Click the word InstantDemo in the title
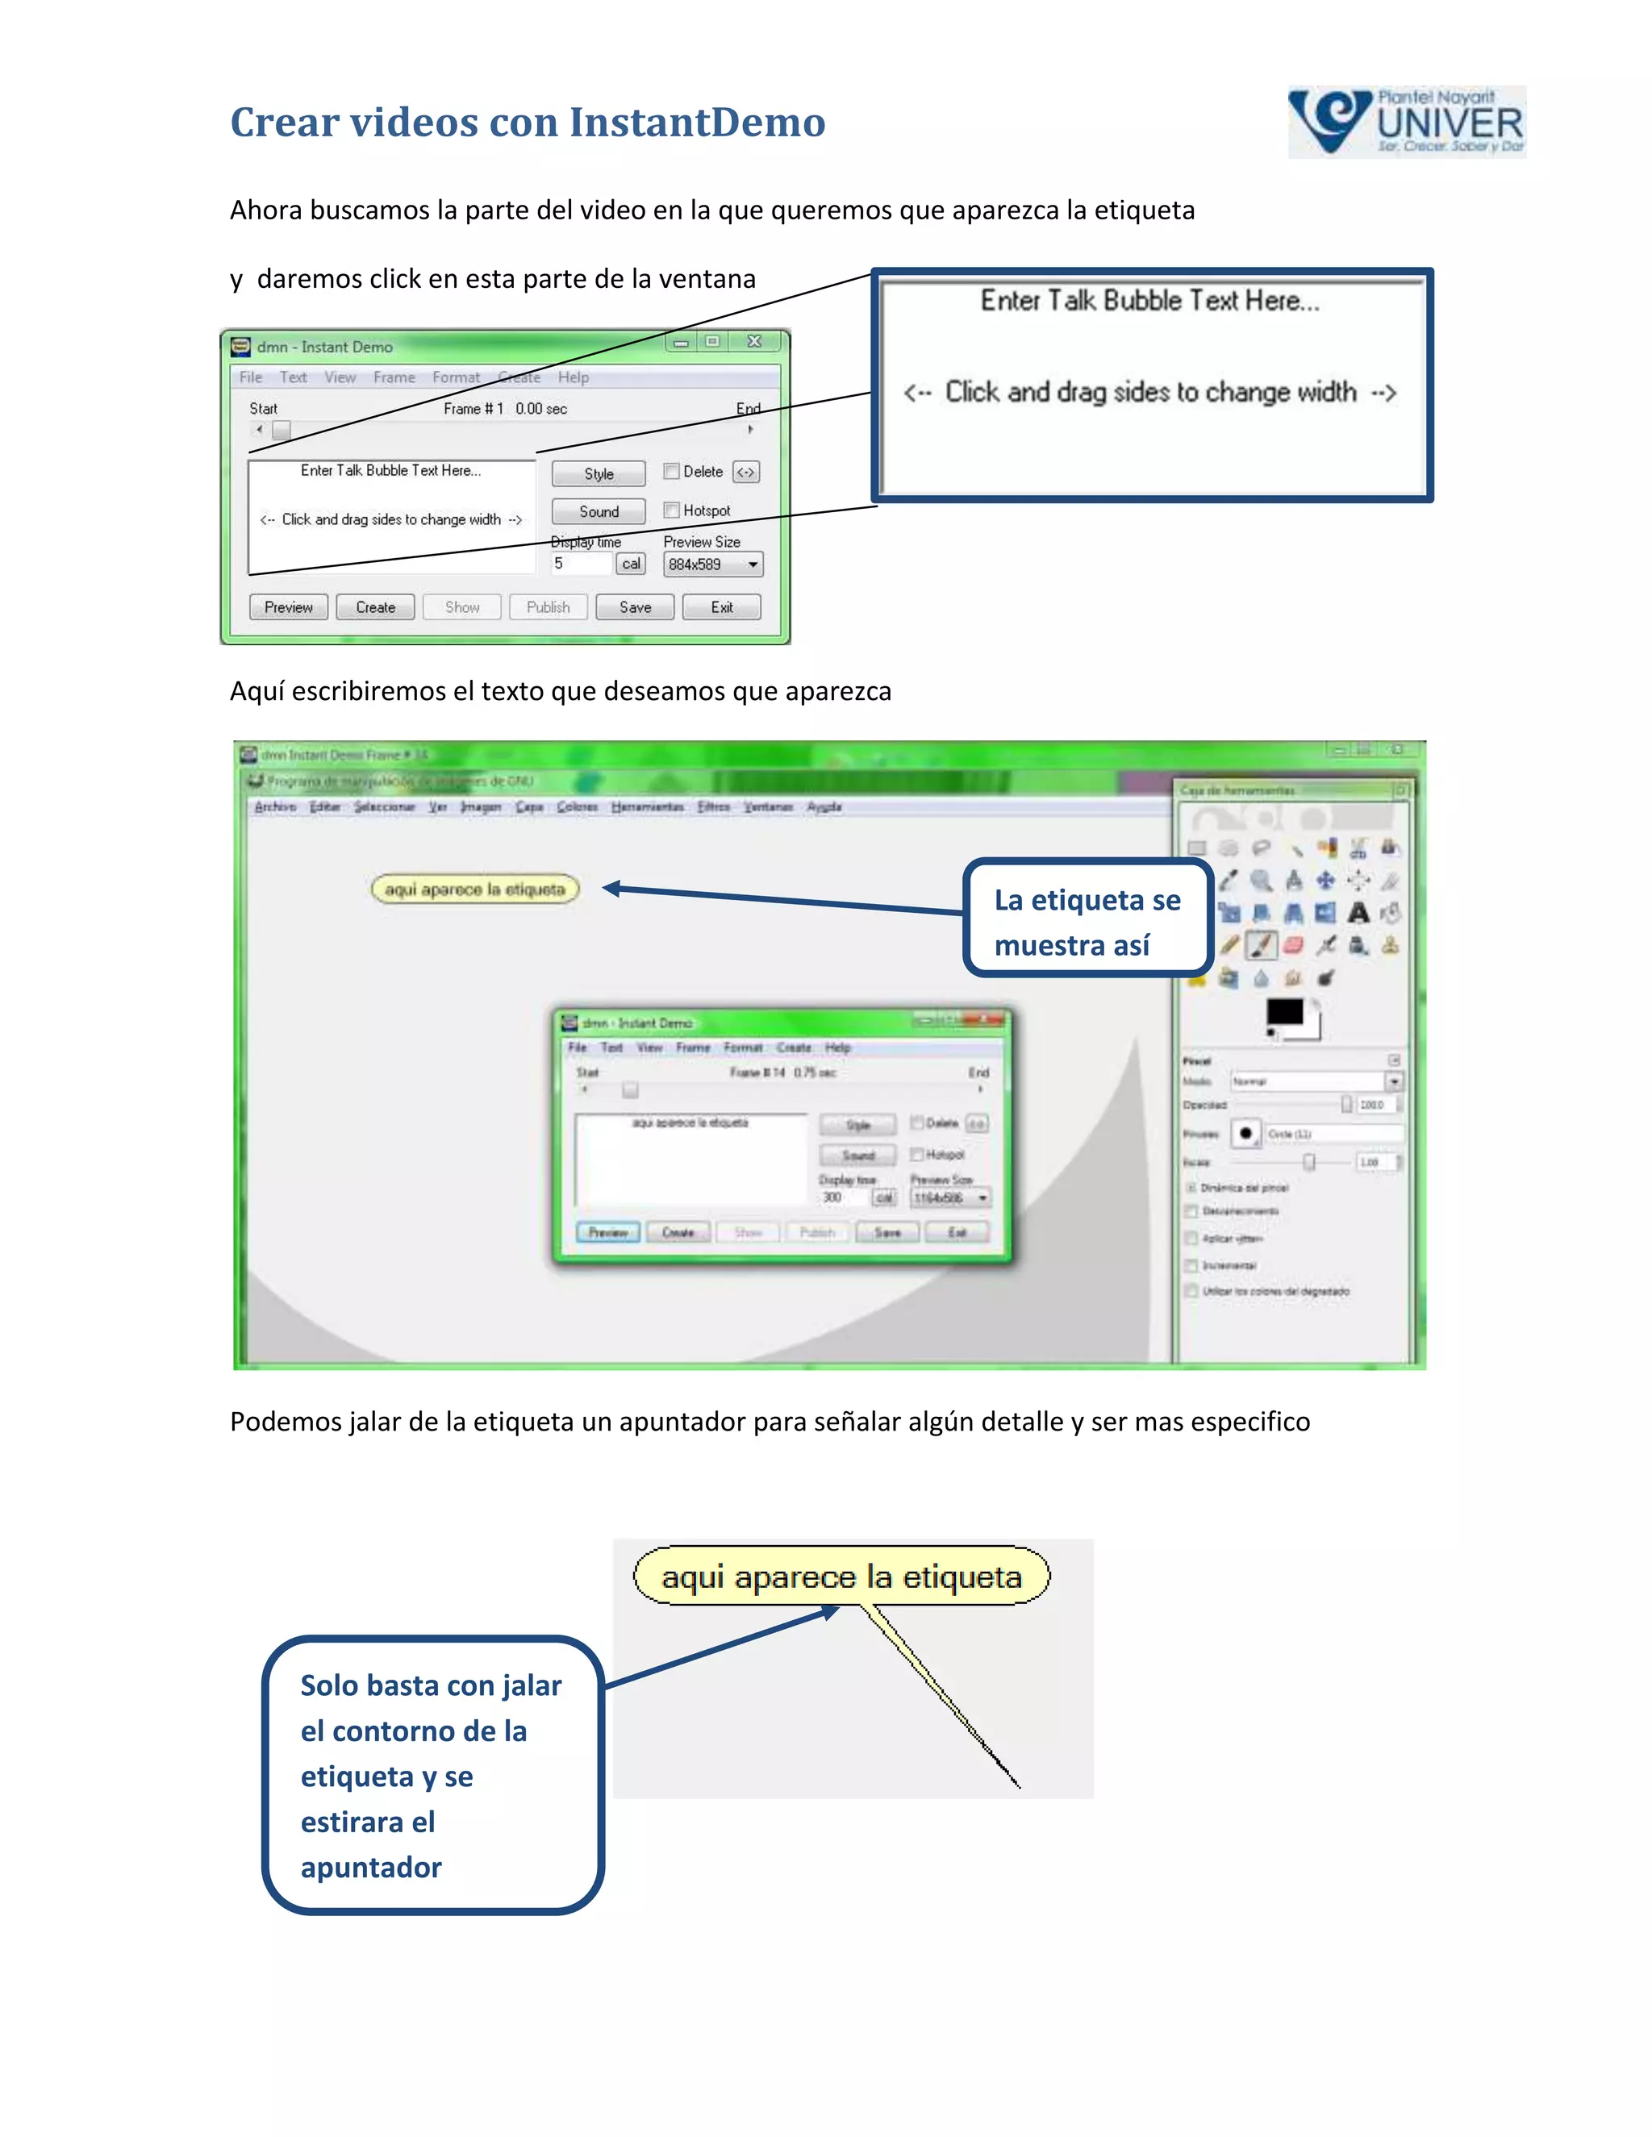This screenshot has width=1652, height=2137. click(x=697, y=123)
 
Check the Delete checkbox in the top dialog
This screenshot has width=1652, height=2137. click(x=671, y=472)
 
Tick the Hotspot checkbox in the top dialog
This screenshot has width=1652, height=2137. click(x=671, y=510)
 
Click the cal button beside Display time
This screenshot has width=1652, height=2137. click(x=630, y=564)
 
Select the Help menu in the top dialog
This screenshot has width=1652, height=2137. click(x=573, y=377)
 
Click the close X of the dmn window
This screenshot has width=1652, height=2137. click(x=753, y=341)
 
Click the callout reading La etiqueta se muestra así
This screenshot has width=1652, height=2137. click(x=1087, y=920)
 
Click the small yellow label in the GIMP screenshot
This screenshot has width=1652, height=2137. click(x=474, y=889)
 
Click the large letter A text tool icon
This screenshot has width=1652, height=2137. click(x=1358, y=913)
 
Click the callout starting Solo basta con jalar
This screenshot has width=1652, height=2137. click(x=432, y=1775)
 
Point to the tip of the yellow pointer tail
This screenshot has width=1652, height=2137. click(x=1019, y=1787)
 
